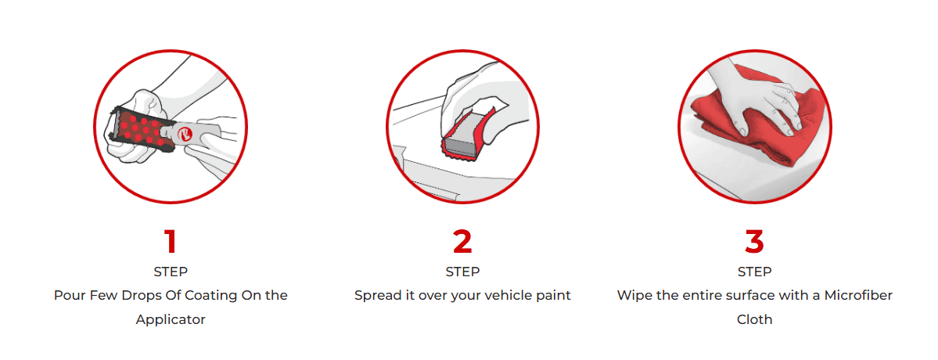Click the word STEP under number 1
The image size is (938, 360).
point(171,272)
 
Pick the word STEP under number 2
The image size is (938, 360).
point(462,272)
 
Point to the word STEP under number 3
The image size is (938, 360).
point(754,272)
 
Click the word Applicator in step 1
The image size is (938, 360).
point(171,320)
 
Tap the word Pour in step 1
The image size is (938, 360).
point(67,296)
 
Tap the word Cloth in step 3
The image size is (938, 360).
point(754,320)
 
